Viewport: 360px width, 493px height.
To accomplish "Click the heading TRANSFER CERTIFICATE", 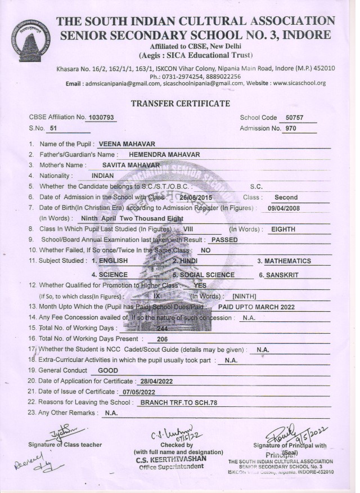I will pyautogui.click(x=180, y=104).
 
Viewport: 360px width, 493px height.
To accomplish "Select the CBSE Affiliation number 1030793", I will pyautogui.click(x=102, y=118).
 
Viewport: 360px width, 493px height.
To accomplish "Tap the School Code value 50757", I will pyautogui.click(x=294, y=118).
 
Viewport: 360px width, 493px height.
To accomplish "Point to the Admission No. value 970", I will pyautogui.click(x=291, y=129).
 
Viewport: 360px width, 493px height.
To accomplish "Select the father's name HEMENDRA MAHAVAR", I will pyautogui.click(x=164, y=155).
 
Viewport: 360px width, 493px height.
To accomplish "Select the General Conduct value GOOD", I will pyautogui.click(x=108, y=371).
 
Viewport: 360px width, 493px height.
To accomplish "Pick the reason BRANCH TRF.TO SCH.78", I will pyautogui.click(x=178, y=402).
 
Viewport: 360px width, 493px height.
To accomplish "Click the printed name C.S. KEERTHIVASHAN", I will pyautogui.click(x=177, y=459).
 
